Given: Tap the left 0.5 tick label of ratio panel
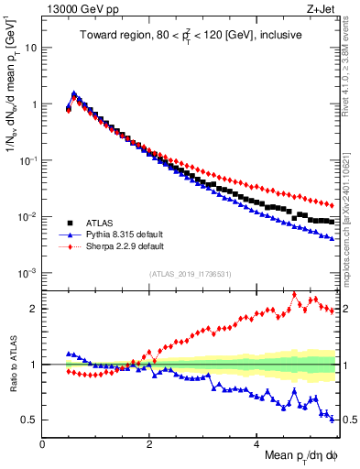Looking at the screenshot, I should tap(30, 420).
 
